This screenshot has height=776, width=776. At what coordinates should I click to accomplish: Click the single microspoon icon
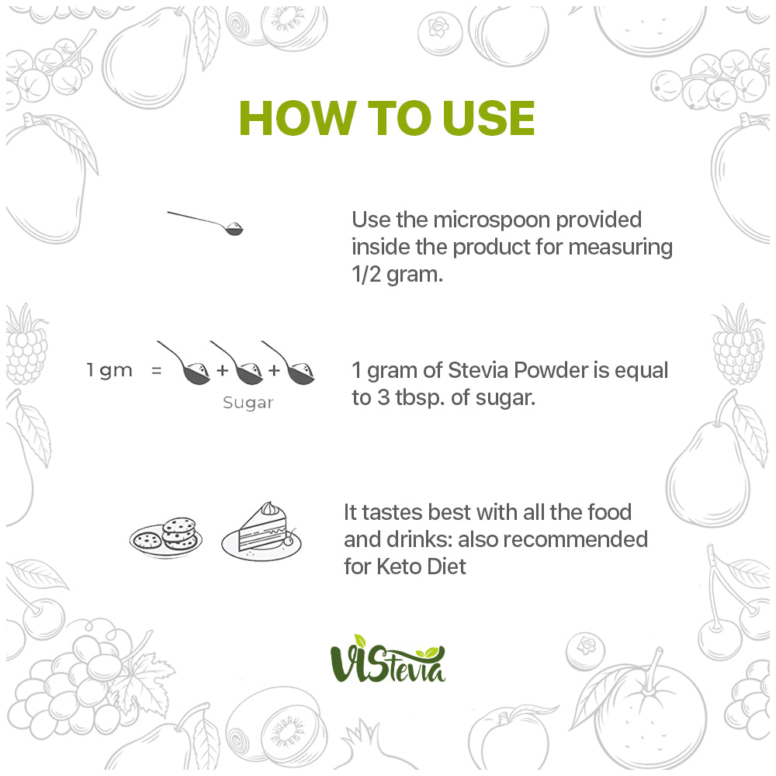[206, 223]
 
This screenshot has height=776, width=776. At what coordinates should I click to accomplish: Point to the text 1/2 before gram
[366, 274]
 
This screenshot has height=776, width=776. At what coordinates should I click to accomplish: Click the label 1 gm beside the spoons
[109, 371]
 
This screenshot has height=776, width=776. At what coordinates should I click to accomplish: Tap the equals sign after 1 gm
[157, 370]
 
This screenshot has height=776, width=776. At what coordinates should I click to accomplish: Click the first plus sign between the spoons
[223, 369]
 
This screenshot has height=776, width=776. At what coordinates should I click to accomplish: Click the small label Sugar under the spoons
[248, 403]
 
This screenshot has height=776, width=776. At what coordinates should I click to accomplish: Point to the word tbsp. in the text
[419, 397]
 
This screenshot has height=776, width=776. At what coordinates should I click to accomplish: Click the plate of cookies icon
[166, 538]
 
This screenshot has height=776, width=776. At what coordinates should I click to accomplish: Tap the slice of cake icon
[262, 532]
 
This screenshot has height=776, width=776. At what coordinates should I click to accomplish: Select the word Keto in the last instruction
[398, 566]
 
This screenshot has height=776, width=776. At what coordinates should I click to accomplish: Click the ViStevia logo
[388, 659]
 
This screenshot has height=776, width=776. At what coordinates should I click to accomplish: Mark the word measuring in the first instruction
[621, 248]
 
